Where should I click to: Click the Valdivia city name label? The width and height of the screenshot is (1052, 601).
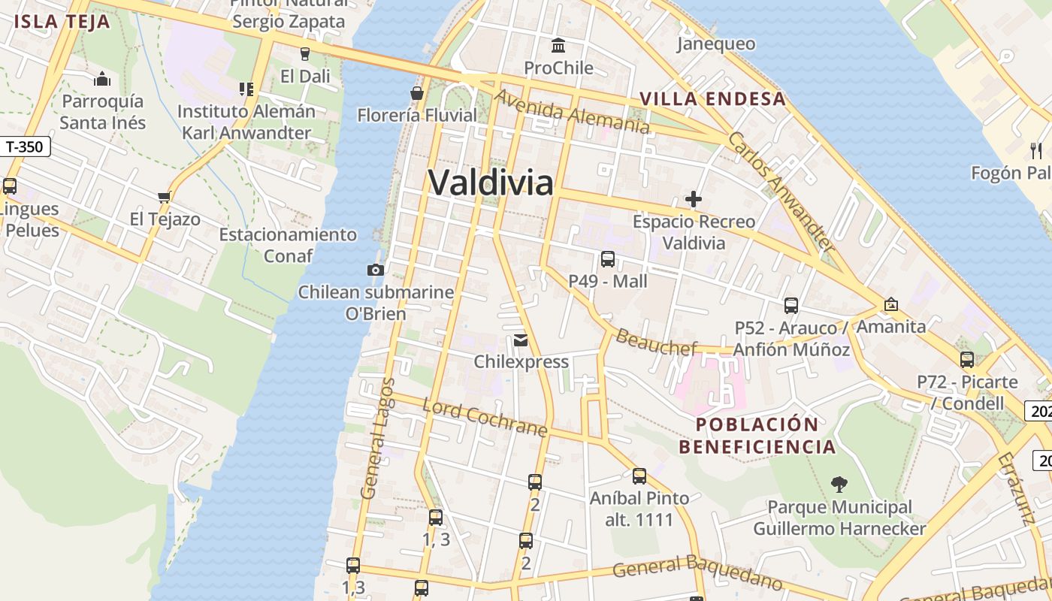[491, 183]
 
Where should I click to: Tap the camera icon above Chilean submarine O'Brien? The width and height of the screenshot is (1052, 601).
[376, 270]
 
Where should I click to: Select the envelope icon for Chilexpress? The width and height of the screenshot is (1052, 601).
[521, 340]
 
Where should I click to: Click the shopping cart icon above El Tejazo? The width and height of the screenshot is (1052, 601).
[165, 197]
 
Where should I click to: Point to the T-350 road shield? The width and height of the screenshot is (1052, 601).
[25, 146]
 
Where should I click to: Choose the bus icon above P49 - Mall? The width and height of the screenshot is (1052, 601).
[608, 259]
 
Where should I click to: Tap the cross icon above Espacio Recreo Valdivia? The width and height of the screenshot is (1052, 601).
[694, 200]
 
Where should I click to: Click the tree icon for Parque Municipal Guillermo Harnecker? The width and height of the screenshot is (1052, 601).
[839, 485]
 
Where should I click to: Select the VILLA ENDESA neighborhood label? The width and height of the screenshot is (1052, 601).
[712, 98]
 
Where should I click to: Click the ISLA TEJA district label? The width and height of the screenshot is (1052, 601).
[62, 21]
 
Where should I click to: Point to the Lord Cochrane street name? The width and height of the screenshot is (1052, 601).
[485, 418]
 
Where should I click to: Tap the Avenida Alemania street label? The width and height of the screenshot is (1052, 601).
[571, 112]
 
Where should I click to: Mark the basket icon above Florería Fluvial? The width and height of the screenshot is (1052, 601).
[417, 93]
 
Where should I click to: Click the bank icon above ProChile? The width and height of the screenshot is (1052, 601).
[558, 46]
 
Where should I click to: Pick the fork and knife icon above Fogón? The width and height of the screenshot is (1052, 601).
[1037, 150]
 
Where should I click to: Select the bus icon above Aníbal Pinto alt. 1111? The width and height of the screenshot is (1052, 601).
[639, 476]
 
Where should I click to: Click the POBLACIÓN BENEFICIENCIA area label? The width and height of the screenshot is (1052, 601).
[757, 436]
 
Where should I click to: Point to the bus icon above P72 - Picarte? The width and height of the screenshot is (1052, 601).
[967, 359]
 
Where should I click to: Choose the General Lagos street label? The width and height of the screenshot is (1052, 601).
[377, 439]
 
